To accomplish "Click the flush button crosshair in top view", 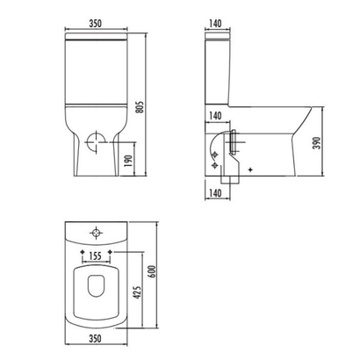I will click(x=96, y=234).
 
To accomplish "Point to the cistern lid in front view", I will click(x=97, y=40).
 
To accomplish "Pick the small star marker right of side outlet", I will click(x=251, y=168).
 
